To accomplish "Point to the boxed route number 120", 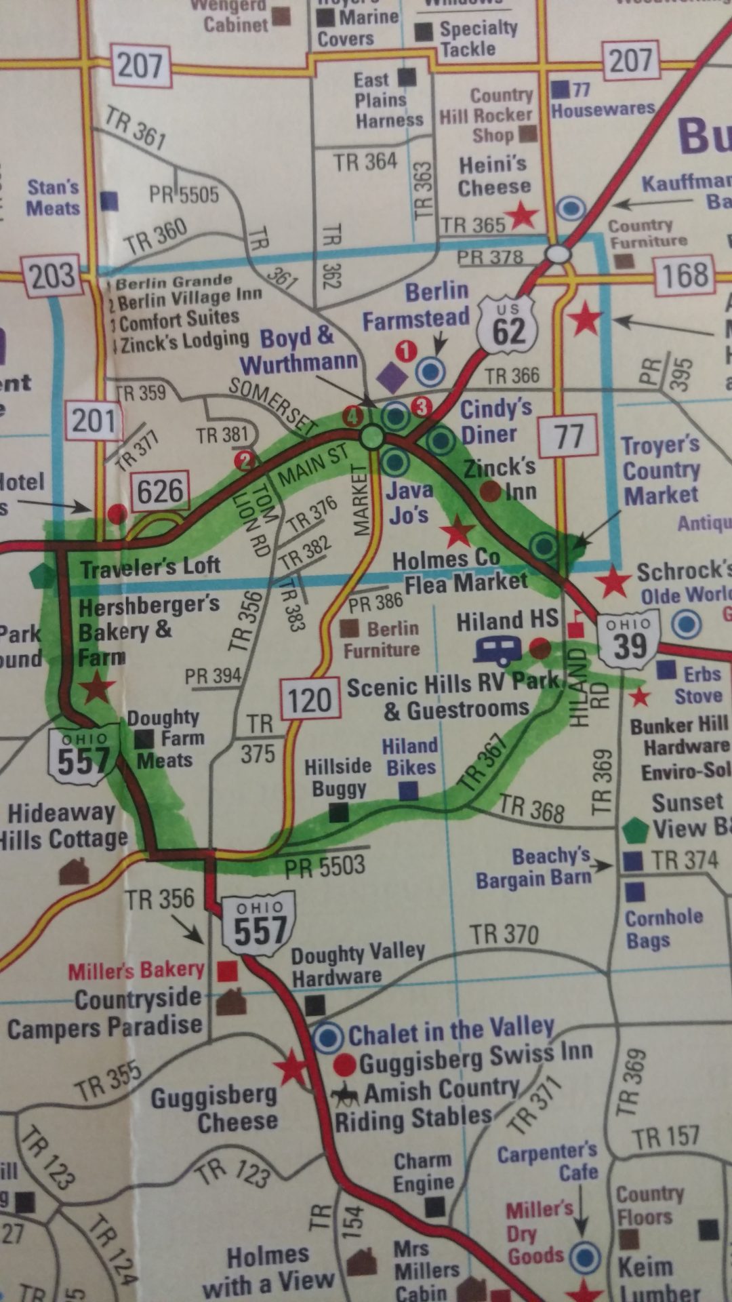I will pos(310,699).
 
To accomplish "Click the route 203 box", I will pos(52,276).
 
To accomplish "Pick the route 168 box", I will pos(685,275).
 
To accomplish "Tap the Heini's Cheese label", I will pos(493,176).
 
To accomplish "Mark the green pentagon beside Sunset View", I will pos(635,829).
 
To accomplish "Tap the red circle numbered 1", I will pos(405,351).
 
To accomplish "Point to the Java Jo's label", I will pos(409,502).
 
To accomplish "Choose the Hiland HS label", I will pos(507,620).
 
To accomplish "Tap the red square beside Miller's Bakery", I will pos(227,971).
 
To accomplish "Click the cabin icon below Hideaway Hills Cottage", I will pos(75,871).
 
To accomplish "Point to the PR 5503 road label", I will pos(325,866).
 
